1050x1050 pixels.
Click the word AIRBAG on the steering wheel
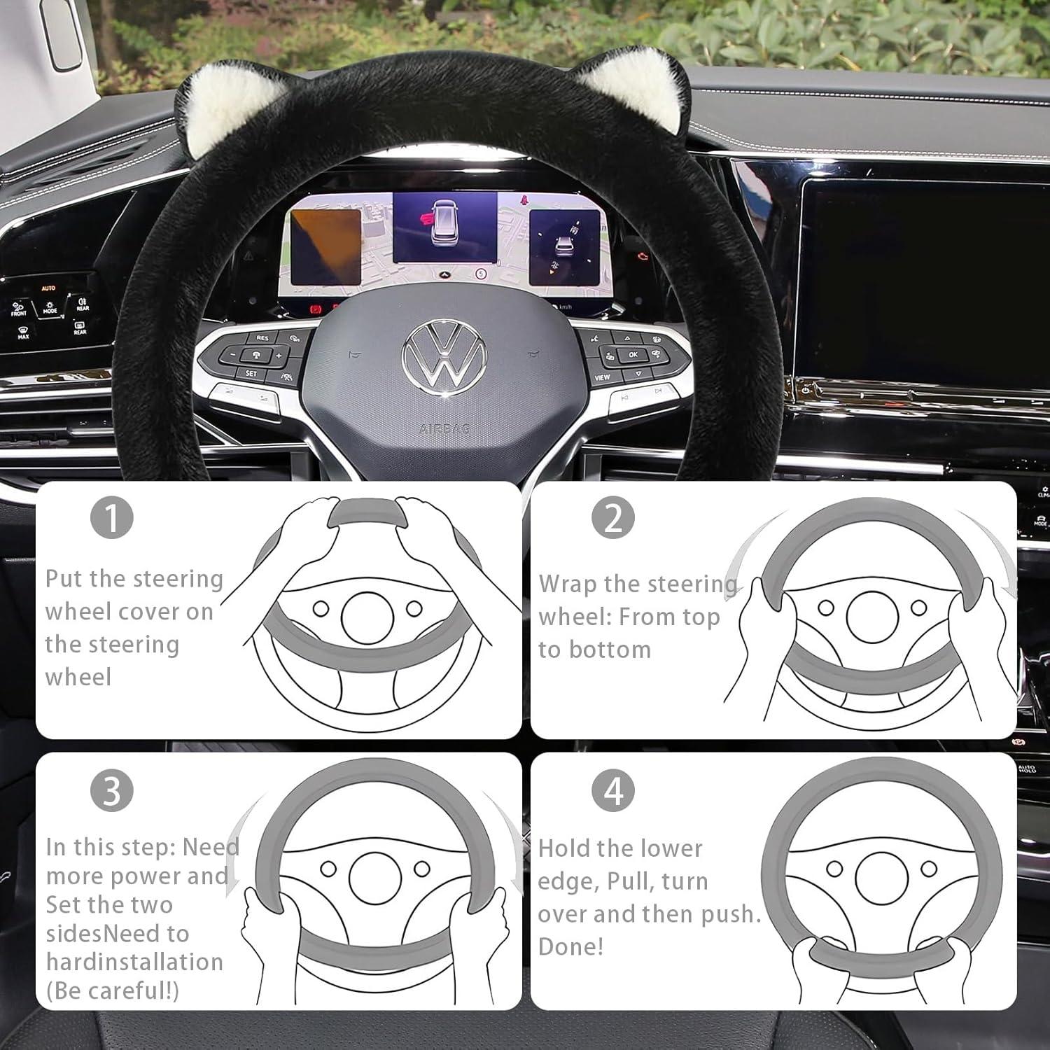[444, 428]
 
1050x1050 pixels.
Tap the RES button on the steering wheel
[262, 338]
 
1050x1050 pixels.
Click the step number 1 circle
[112, 518]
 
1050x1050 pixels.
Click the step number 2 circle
[613, 518]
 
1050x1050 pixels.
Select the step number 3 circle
[112, 790]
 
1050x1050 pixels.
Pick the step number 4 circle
[613, 790]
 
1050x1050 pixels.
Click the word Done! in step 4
[570, 946]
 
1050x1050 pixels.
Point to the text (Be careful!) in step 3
[112, 990]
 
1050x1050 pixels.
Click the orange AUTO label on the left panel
[48, 288]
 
